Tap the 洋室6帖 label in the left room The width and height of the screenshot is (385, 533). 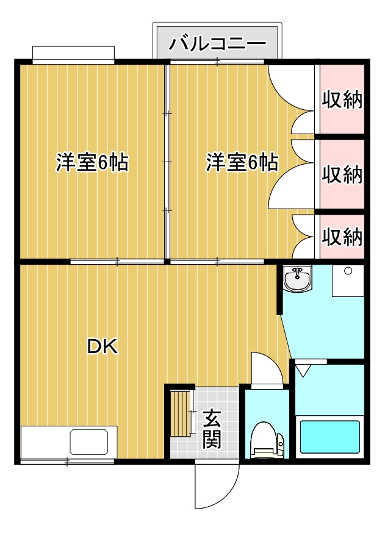coord(92,163)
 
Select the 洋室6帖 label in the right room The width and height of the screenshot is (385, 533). coord(242,163)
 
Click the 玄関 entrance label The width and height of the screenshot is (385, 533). coord(211,428)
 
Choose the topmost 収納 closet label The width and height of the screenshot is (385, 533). coord(342,99)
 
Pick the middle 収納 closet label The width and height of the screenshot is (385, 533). coord(342,175)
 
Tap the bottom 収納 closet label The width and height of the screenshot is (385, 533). coord(342,237)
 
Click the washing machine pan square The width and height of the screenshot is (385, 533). coord(348,281)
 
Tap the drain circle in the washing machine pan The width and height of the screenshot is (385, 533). coord(348,271)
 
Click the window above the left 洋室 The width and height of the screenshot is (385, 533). coord(73,54)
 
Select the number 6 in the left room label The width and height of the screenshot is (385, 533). coord(103,163)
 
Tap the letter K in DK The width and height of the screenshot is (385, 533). coord(110,347)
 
